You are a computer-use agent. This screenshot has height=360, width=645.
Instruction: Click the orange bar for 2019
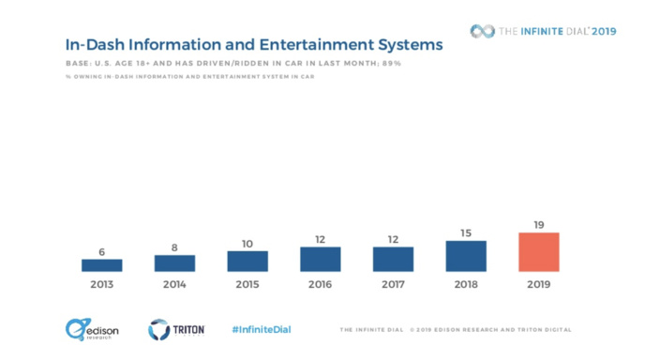[x=538, y=252]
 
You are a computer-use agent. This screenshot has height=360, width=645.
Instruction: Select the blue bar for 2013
[x=101, y=265]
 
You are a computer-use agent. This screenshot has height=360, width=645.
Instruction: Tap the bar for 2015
[x=247, y=261]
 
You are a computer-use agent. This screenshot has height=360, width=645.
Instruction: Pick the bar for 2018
[x=466, y=256]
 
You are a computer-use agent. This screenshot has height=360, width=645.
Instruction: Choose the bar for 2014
[x=174, y=263]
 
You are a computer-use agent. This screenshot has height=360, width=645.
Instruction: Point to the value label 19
[x=538, y=225]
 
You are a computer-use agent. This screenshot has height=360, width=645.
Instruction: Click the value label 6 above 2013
[x=101, y=251]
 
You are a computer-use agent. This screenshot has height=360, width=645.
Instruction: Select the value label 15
[x=466, y=232]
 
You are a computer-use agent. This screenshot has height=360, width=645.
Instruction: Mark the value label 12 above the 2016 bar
[x=320, y=239]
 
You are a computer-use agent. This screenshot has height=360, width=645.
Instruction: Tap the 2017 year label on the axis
[x=393, y=284]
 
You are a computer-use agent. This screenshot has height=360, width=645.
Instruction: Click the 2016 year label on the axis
[x=320, y=284]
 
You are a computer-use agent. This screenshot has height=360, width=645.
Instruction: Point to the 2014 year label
[x=174, y=284]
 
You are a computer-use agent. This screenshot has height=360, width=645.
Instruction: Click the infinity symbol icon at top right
[x=482, y=31]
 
